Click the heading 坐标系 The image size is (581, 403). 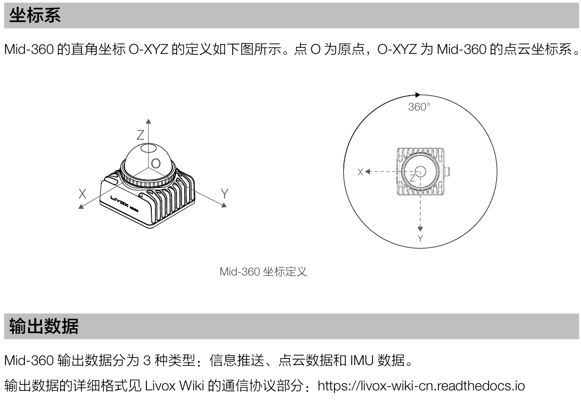(35, 15)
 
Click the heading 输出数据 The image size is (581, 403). (43, 327)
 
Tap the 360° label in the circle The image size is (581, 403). (419, 107)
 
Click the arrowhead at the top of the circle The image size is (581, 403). (418, 95)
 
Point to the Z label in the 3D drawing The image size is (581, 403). (140, 135)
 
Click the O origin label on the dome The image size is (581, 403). (156, 164)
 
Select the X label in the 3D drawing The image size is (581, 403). (83, 194)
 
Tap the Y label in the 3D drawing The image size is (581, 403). (224, 194)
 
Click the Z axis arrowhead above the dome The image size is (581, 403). (148, 121)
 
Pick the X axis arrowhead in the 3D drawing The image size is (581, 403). (81, 206)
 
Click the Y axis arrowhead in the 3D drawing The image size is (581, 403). (224, 205)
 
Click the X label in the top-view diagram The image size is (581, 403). (360, 172)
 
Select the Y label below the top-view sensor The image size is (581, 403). (420, 239)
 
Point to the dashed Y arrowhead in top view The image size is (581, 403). (420, 229)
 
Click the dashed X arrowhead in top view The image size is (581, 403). (368, 172)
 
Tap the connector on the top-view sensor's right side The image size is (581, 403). (447, 172)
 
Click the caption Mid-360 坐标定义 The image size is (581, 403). (263, 272)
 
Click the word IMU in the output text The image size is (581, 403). (361, 360)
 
